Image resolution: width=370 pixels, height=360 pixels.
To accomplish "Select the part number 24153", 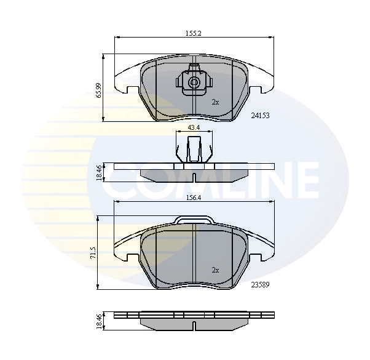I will click(x=261, y=115).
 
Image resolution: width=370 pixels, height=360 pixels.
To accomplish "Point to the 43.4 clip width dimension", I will click(x=194, y=127).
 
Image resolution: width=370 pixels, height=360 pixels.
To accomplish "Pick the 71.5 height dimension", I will click(x=93, y=253).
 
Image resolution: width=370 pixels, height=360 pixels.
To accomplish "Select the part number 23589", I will click(x=261, y=284).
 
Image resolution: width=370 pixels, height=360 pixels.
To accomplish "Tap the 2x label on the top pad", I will click(x=215, y=102).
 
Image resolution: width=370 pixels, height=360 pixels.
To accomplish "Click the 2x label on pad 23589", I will click(x=215, y=270).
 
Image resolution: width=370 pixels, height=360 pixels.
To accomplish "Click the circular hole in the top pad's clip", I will click(x=194, y=82).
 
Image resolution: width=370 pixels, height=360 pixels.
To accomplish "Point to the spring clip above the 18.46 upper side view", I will click(x=194, y=150).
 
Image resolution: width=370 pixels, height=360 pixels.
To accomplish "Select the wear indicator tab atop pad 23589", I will click(x=194, y=220).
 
